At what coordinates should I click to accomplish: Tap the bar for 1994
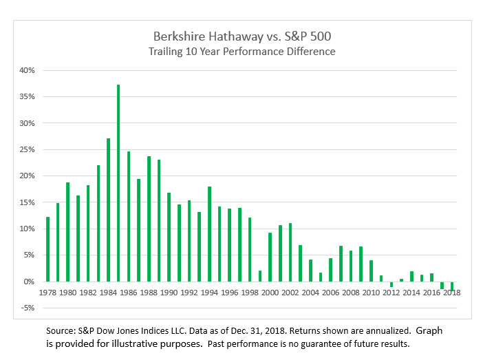pos(209,234)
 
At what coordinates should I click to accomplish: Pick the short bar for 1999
pos(259,276)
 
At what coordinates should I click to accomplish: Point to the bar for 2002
pos(290,252)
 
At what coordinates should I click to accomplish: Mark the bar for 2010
pos(371,271)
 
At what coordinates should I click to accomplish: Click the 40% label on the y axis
pos(26,70)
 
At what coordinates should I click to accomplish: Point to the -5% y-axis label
pos(26,308)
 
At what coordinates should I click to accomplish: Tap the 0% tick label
pos(28,282)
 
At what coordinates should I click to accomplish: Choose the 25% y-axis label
pos(26,149)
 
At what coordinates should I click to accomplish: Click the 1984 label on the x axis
pos(108,292)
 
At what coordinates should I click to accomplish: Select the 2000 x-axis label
pos(270,292)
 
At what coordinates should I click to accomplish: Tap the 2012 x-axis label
pos(391,292)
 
